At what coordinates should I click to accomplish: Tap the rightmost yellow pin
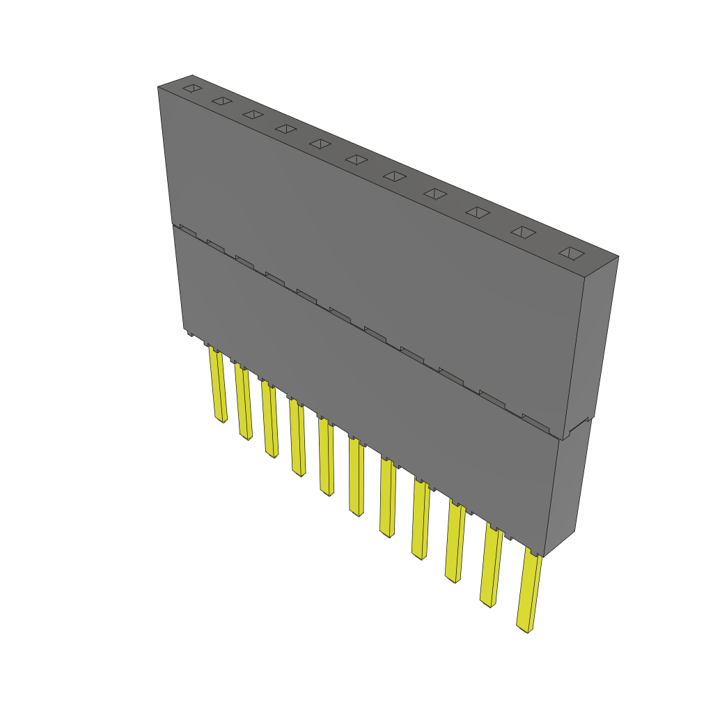(530, 592)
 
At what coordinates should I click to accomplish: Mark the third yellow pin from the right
(455, 542)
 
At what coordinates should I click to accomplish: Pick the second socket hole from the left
(221, 101)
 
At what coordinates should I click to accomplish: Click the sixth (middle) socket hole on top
(356, 159)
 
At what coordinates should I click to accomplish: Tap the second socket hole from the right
(524, 233)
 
